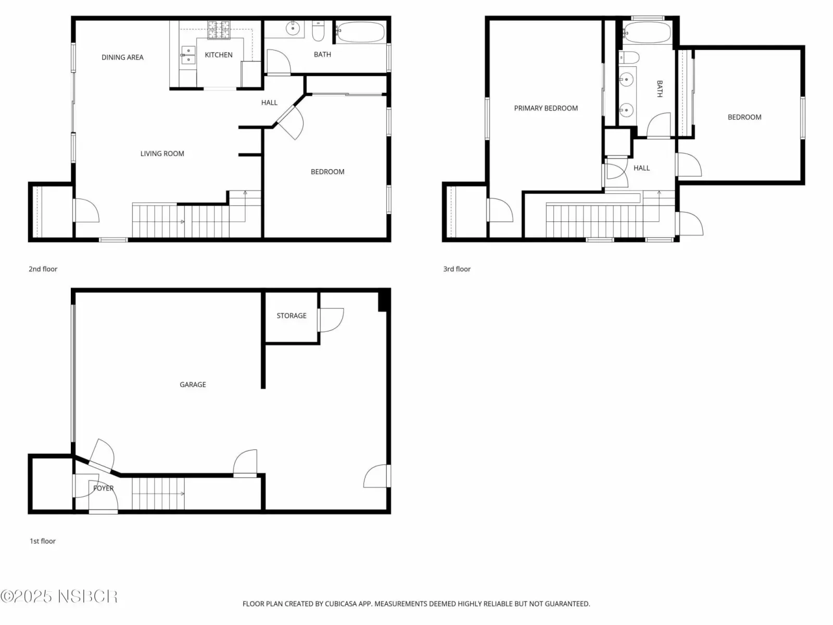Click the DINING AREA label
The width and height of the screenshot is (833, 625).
[x=122, y=57]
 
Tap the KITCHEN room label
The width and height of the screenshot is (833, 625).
[x=219, y=55]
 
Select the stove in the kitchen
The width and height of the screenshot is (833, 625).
[x=219, y=30]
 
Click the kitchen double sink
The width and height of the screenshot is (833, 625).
[x=188, y=55]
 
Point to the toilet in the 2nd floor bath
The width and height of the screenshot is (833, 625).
[x=318, y=31]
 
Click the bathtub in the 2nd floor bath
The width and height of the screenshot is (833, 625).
[x=360, y=32]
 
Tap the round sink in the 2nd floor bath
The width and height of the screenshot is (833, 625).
[x=293, y=28]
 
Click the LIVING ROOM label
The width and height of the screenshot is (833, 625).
[x=162, y=154]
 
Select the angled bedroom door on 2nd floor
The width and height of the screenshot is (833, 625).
[x=291, y=122]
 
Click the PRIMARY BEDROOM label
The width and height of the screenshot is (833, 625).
[x=546, y=108]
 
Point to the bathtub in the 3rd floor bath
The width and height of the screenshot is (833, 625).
[x=647, y=32]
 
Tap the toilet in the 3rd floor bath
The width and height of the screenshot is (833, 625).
[x=629, y=58]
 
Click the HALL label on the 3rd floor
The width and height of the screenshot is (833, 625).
[x=642, y=168]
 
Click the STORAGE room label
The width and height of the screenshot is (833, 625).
[x=292, y=316]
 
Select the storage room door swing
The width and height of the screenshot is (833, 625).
[x=331, y=320]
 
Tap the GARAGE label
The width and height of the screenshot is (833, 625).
[x=193, y=385]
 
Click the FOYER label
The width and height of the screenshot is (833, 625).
[x=103, y=489]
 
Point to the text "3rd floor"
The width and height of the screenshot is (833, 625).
[x=457, y=269]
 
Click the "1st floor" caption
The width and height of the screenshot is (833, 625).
[x=43, y=541]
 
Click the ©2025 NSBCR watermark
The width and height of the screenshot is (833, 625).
[x=59, y=596]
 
